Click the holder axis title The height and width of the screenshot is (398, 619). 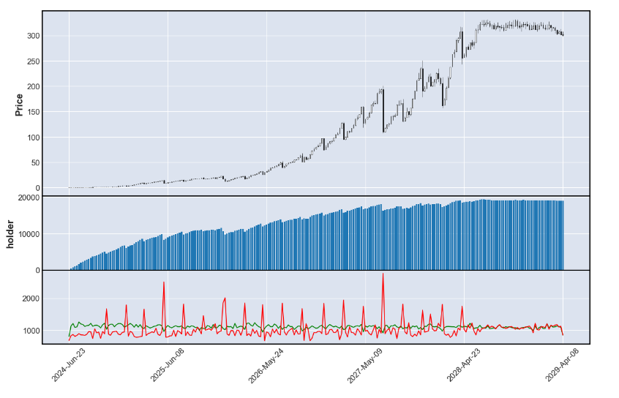pos(10,234)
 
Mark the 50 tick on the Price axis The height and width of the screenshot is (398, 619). pos(32,163)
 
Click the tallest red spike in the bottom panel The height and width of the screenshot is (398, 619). pos(383,274)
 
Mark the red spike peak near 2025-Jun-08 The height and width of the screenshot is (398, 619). pos(164,282)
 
